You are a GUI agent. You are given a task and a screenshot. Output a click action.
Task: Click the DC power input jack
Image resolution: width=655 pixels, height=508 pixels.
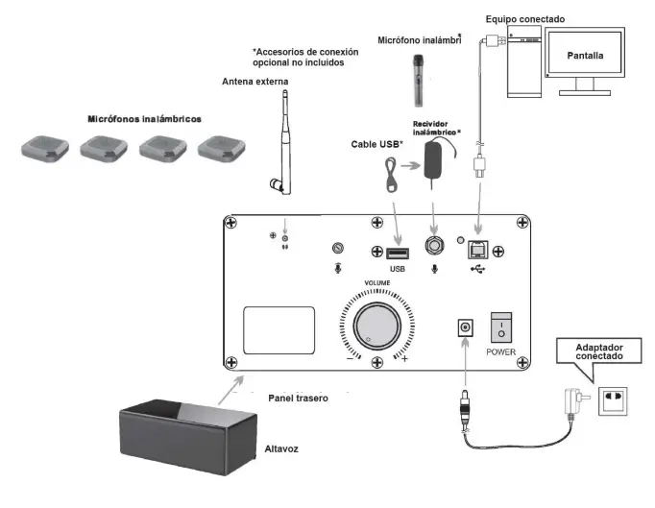point(465,327)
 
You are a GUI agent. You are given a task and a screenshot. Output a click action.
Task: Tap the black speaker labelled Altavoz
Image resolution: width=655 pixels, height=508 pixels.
point(188,428)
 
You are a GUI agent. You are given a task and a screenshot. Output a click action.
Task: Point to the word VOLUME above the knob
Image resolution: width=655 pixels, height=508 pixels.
point(376,282)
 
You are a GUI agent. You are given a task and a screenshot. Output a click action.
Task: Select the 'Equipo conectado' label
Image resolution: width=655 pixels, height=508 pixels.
point(525,18)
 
